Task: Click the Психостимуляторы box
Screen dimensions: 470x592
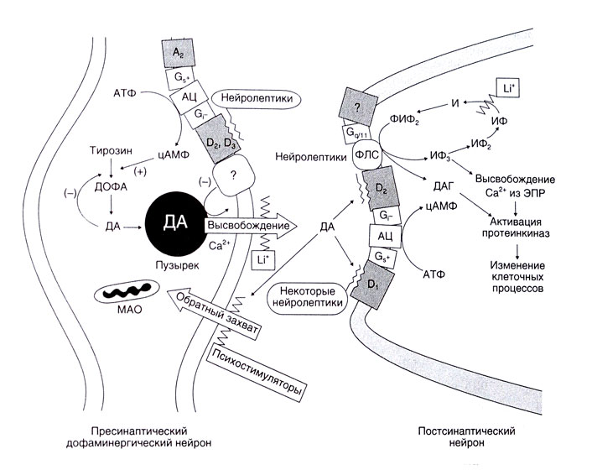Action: pos(257,370)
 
